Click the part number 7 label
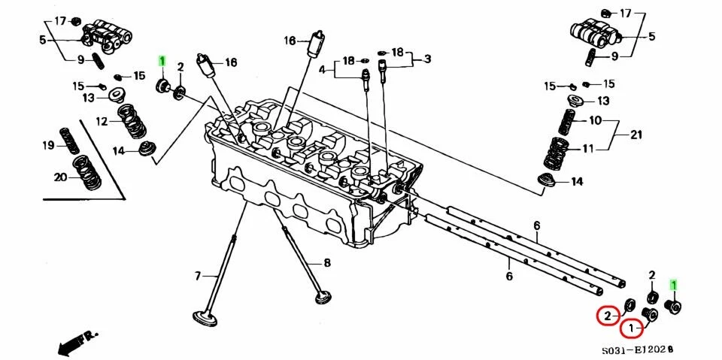coord(199,276)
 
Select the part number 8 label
coord(327,262)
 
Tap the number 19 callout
coord(47,145)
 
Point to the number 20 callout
coord(60,177)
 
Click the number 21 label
coord(636,135)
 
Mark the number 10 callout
coord(595,120)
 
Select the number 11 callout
coord(589,148)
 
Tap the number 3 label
coord(427,59)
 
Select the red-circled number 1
coord(632,328)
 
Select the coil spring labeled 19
coord(70,140)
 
